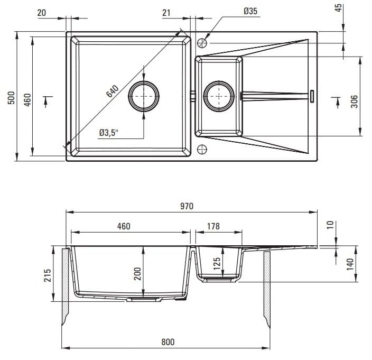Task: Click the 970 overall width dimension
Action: point(187,206)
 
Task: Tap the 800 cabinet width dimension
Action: point(168,342)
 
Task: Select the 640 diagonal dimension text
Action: point(112,91)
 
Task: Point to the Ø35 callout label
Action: point(250,11)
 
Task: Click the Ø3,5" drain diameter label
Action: point(109,133)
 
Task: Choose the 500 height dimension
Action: point(11,98)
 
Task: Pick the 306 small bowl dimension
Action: point(354,101)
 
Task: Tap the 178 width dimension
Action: point(213,226)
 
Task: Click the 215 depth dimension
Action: point(48,275)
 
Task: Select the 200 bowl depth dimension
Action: point(137,274)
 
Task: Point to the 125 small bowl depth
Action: point(217,264)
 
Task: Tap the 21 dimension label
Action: point(166,13)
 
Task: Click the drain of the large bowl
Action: point(144,96)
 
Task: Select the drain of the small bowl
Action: point(219,96)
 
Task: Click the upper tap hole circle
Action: point(202,43)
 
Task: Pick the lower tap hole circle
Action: point(202,149)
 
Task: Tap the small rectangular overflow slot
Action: point(312,96)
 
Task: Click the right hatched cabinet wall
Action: point(267,290)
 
